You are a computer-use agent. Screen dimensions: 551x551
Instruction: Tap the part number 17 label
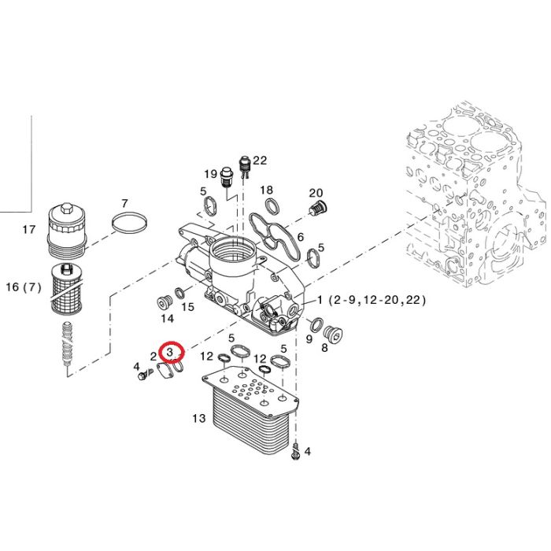pyautogui.click(x=29, y=230)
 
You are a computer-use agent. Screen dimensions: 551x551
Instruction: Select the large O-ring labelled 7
pyautogui.click(x=129, y=223)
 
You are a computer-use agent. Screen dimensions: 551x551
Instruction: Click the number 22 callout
pyautogui.click(x=260, y=161)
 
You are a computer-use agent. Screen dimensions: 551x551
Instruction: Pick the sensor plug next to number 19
pyautogui.click(x=226, y=178)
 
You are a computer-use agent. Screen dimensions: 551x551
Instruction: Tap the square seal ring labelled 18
pyautogui.click(x=272, y=206)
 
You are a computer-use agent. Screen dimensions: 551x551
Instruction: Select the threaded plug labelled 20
pyautogui.click(x=318, y=208)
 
